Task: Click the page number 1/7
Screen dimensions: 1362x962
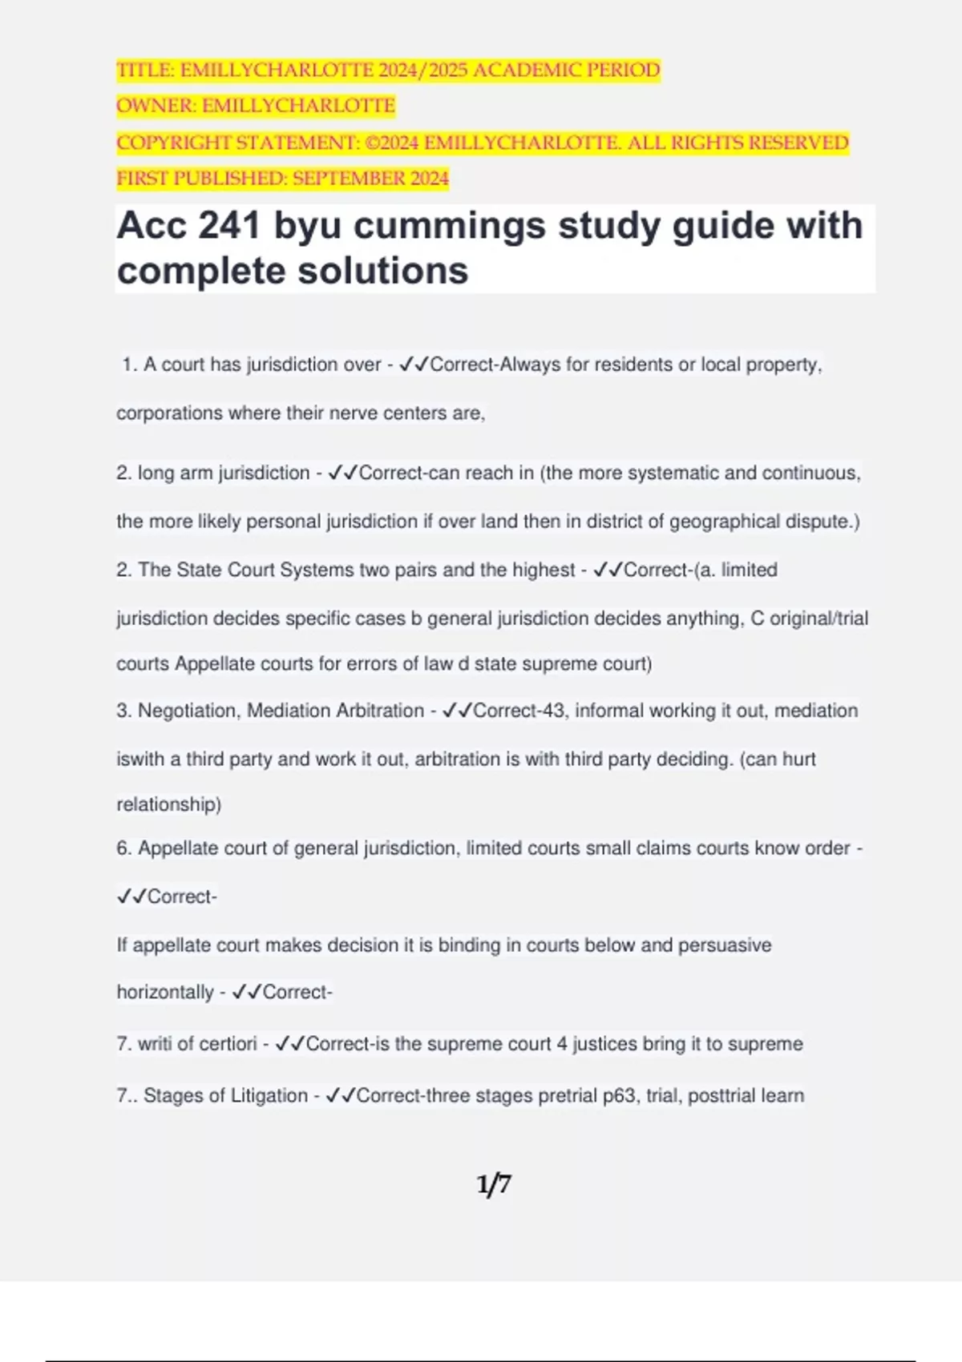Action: [494, 1184]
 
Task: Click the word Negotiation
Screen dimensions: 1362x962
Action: [188, 711]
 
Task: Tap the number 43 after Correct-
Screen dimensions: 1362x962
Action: [553, 711]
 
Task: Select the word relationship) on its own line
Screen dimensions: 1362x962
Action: [169, 804]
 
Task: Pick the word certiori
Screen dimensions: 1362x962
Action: [228, 1044]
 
